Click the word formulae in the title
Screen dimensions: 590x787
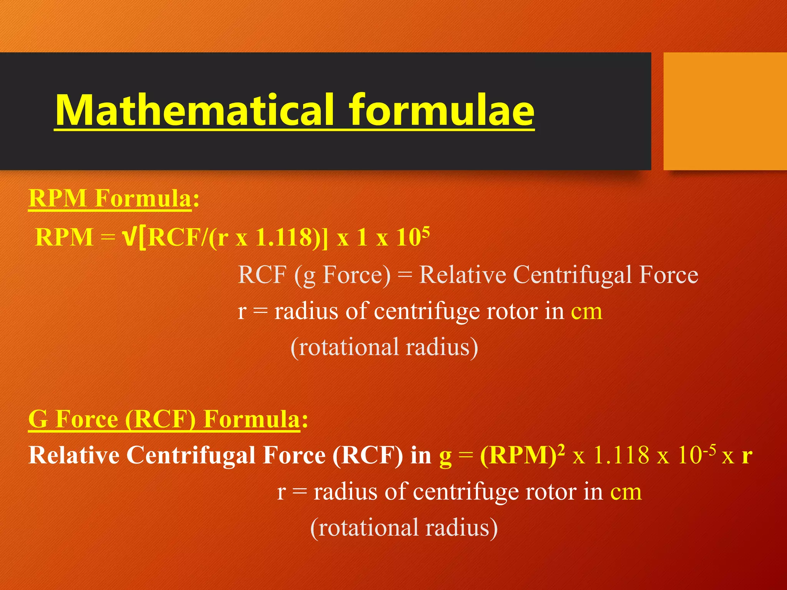442,110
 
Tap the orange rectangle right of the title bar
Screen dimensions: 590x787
725,111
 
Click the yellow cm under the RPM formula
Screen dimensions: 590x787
586,312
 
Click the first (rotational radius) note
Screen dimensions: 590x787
384,347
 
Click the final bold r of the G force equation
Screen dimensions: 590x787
747,456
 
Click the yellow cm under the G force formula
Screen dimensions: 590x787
626,492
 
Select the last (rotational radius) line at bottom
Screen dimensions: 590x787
404,528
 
